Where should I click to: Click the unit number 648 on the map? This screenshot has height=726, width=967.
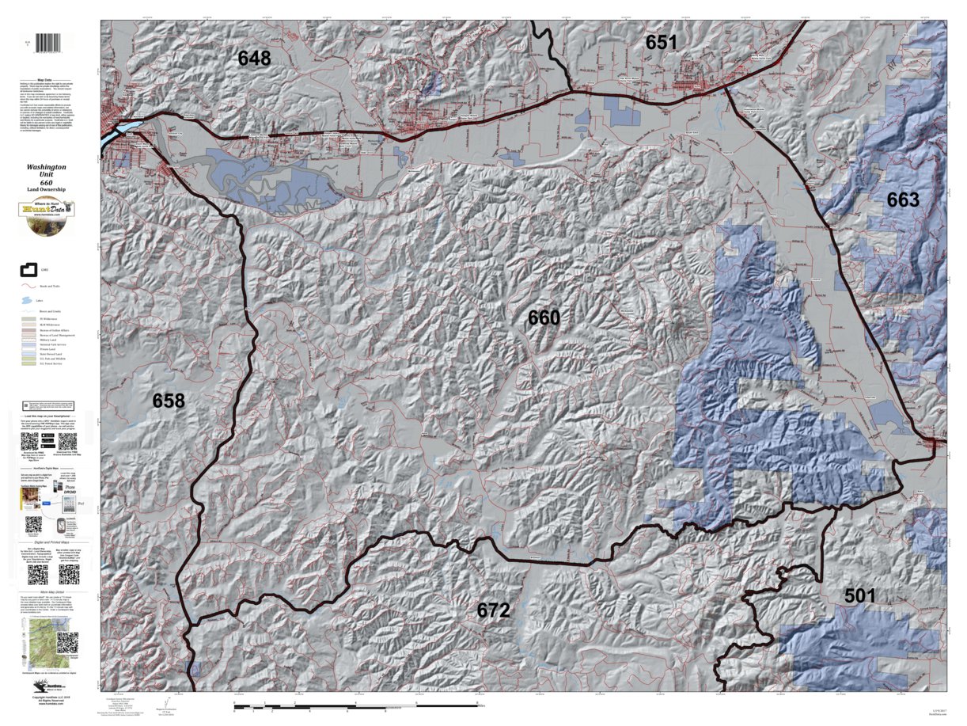click(254, 58)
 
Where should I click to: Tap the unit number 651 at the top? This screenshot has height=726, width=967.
click(661, 43)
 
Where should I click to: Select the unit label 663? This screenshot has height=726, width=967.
click(903, 200)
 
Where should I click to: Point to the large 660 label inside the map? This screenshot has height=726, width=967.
click(544, 318)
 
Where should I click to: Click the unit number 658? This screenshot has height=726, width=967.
click(169, 401)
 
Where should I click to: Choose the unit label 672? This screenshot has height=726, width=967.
click(515, 610)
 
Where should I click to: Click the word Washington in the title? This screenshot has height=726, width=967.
click(46, 168)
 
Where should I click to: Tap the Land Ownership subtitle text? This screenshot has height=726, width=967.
click(46, 190)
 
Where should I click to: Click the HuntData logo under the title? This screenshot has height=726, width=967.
click(46, 215)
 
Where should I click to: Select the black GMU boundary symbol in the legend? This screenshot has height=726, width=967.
click(28, 270)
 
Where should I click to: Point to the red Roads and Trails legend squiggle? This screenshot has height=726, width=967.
click(28, 286)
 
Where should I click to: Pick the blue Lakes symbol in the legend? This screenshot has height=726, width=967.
click(28, 302)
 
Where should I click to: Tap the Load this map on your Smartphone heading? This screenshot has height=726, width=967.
click(50, 415)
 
